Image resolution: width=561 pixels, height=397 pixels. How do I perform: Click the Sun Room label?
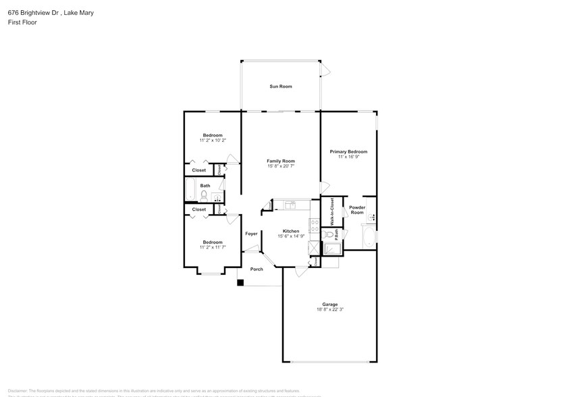point(281,86)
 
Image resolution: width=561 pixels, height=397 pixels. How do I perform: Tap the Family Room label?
point(281,161)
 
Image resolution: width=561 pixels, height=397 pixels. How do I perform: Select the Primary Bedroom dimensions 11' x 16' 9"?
point(348,157)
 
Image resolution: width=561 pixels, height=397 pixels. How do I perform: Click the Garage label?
point(329,304)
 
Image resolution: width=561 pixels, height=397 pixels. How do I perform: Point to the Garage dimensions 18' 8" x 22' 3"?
point(329,309)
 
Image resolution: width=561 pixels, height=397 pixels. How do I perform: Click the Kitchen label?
point(290,231)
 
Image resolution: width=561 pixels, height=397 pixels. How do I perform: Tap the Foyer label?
point(251,234)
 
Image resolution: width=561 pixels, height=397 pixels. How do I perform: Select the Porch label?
point(257,269)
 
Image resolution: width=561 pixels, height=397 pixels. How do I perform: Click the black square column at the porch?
point(240,283)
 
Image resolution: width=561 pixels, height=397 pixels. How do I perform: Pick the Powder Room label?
point(356,210)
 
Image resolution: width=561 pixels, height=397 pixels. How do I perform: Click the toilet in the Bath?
point(203,196)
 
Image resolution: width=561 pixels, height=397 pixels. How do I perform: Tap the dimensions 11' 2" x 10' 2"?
point(213,140)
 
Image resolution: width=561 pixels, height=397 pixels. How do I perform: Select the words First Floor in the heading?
point(22,22)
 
